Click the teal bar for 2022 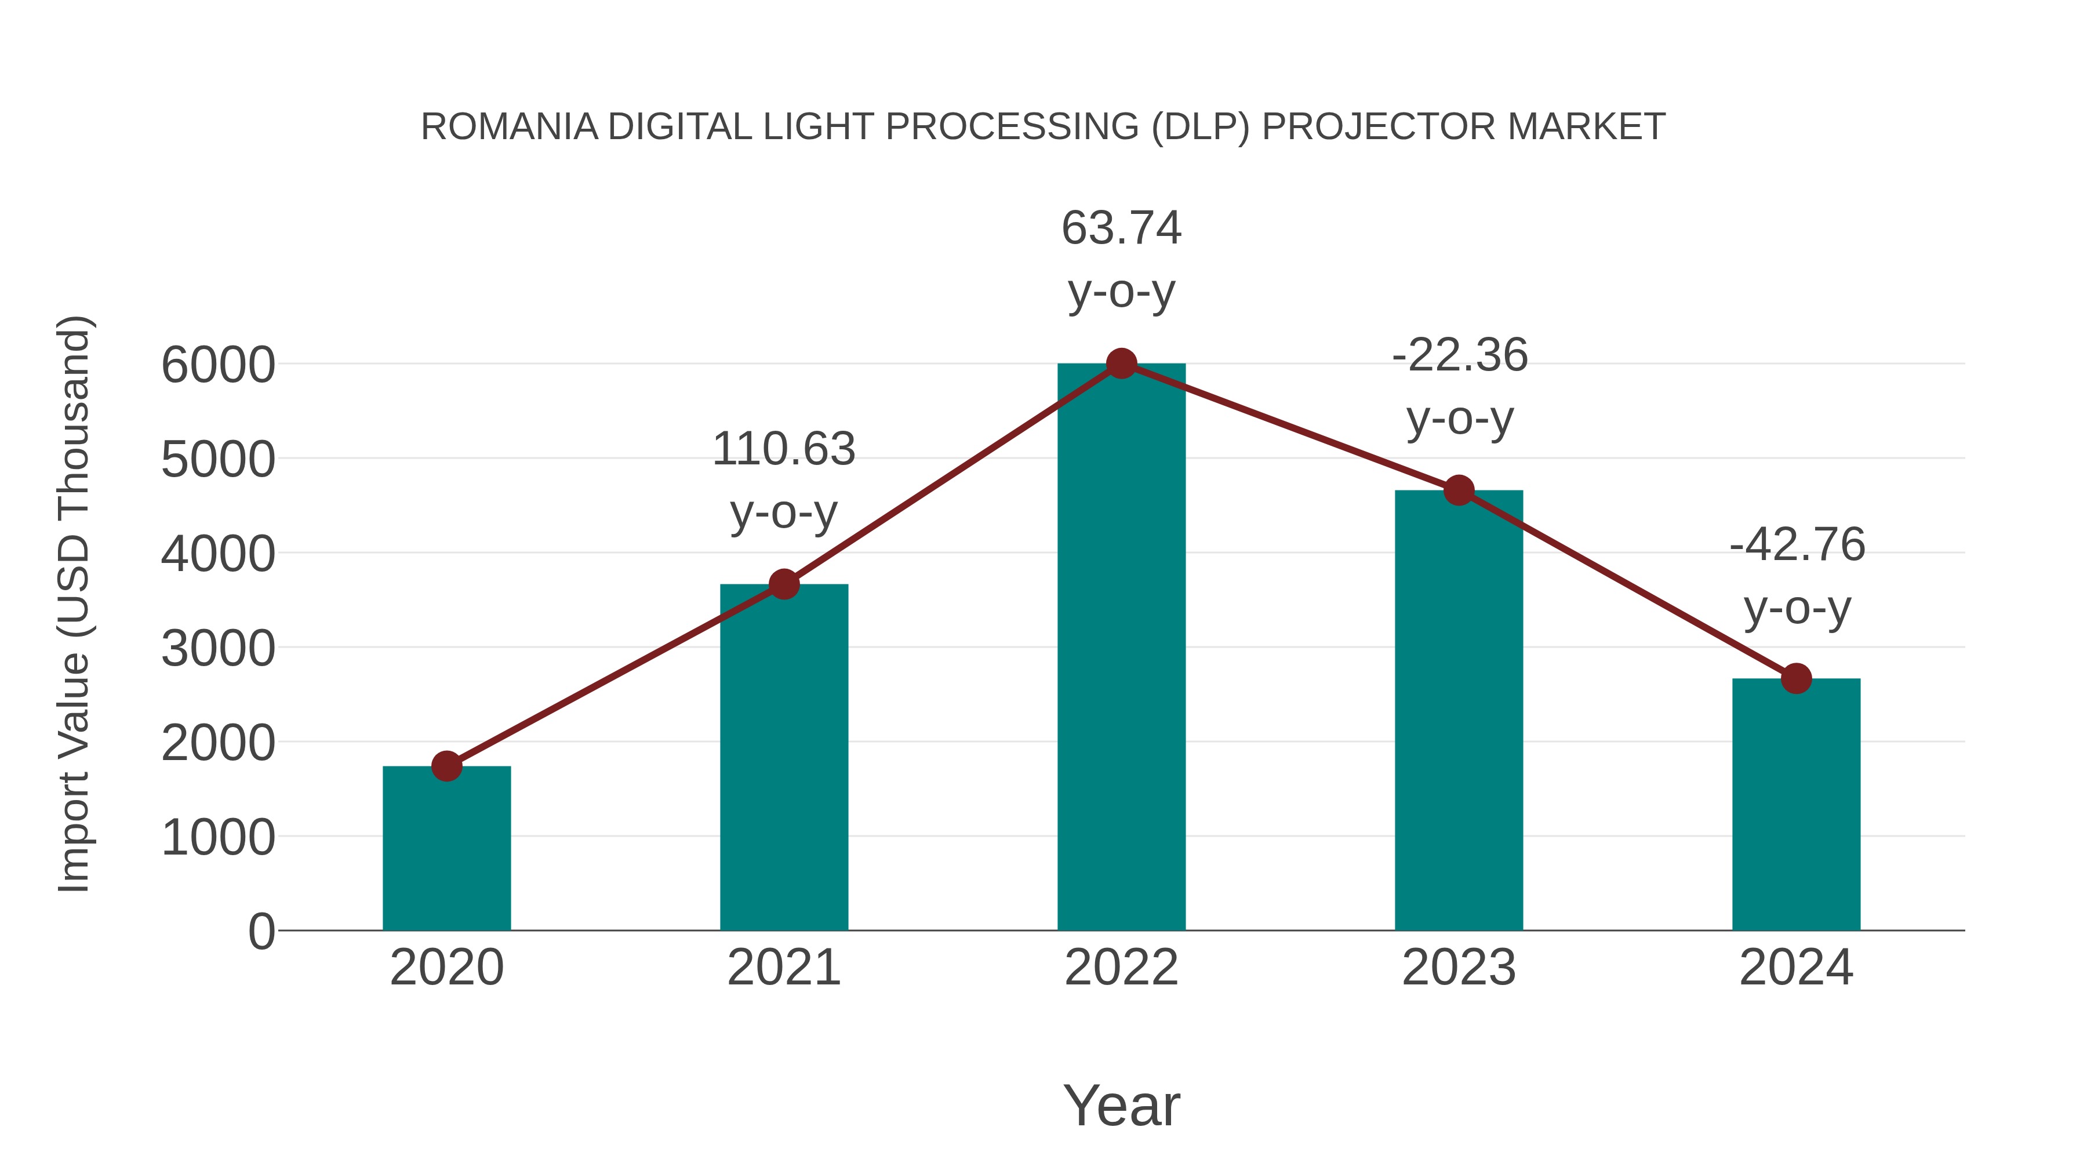1121,648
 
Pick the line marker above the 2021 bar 783,584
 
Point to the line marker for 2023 1459,490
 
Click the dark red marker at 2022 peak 1121,364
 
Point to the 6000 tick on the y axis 218,365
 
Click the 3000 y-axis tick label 218,649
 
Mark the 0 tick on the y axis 261,932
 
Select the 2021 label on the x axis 783,968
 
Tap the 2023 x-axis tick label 1459,968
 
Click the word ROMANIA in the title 509,127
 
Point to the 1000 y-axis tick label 218,838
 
